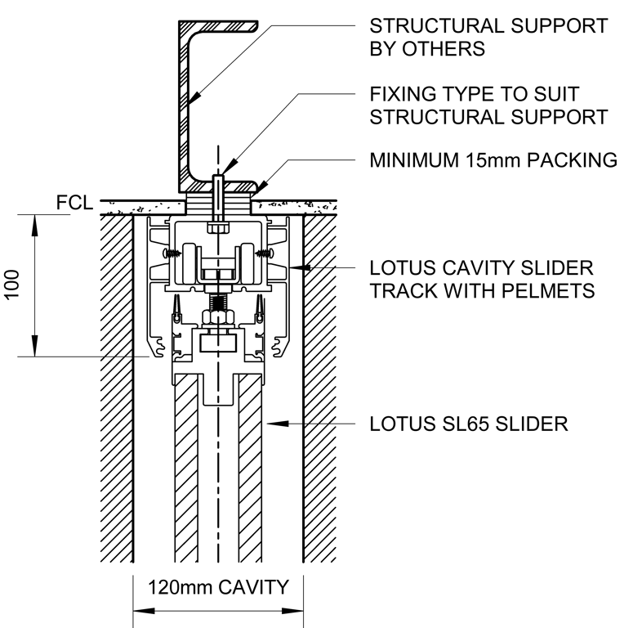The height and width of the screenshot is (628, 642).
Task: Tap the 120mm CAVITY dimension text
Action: tap(218, 586)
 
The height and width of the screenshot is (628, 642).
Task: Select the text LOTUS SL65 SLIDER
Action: tap(468, 424)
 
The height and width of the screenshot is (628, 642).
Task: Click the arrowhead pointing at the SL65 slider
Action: tap(274, 424)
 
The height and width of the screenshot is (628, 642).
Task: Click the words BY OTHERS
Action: tap(427, 49)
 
